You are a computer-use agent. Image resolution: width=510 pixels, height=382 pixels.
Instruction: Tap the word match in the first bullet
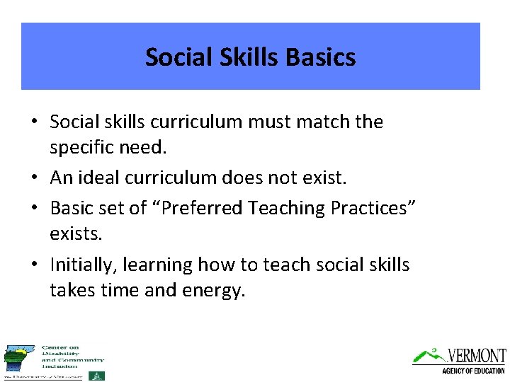coord(317,122)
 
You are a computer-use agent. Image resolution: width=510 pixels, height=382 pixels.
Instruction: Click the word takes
coord(71,291)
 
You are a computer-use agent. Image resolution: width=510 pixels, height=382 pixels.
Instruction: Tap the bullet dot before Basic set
coord(35,209)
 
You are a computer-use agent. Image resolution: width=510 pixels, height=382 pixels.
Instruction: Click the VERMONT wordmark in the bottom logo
coord(477,355)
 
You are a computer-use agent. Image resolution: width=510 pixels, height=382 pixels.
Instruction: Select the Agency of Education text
coord(473,371)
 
